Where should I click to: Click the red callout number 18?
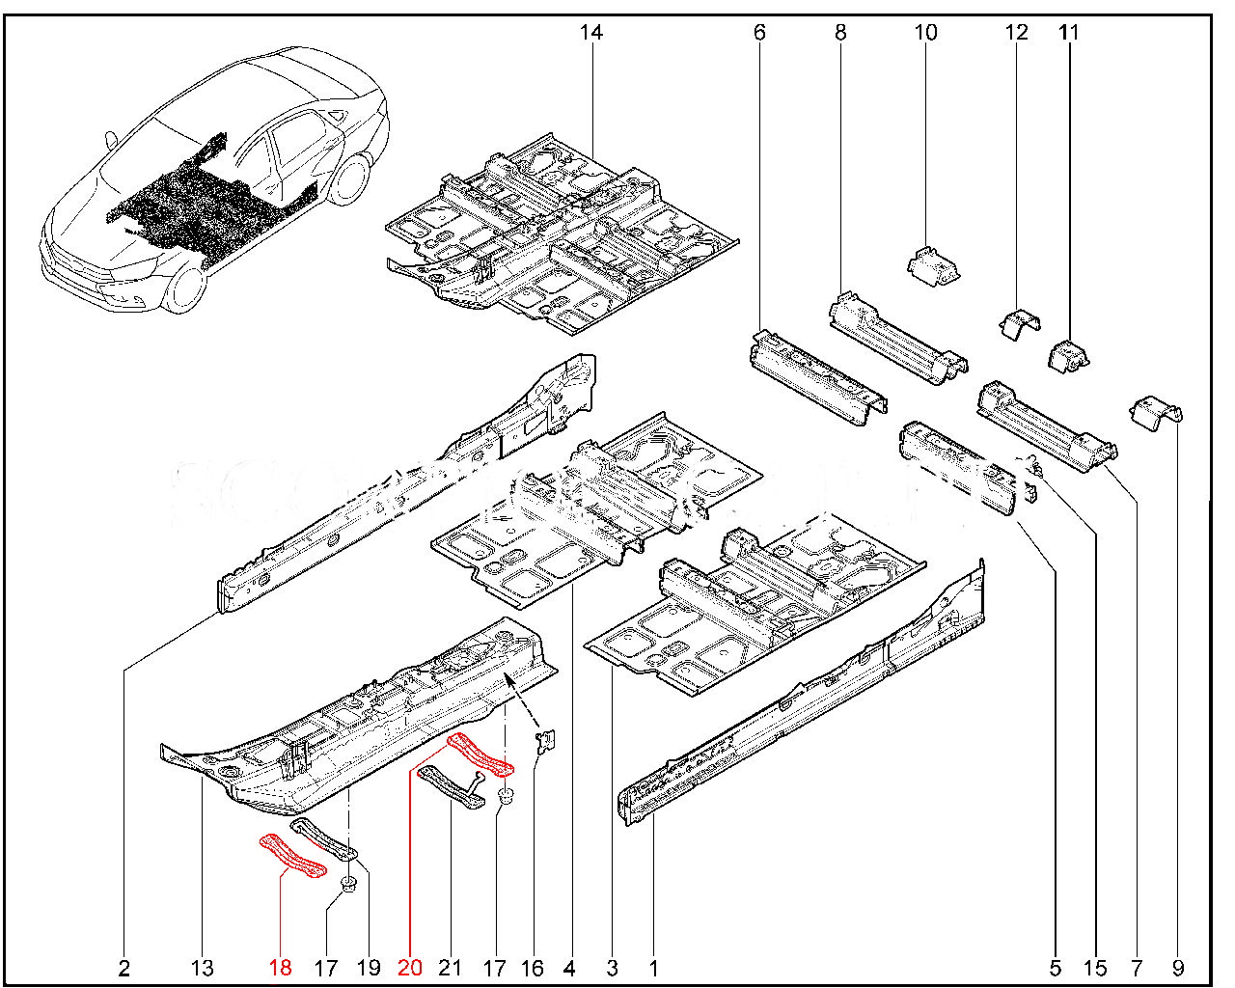click(280, 967)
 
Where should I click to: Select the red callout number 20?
click(409, 967)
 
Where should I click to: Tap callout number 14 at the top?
click(590, 33)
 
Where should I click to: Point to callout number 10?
click(924, 33)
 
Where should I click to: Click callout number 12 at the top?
click(1017, 33)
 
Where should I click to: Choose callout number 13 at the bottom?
click(203, 967)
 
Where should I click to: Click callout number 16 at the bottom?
click(532, 967)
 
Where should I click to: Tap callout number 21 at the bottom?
click(451, 967)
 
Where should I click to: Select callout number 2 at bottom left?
click(124, 967)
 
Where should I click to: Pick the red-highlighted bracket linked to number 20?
click(479, 755)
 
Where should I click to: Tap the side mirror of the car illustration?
click(113, 141)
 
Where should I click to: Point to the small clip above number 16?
click(546, 740)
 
